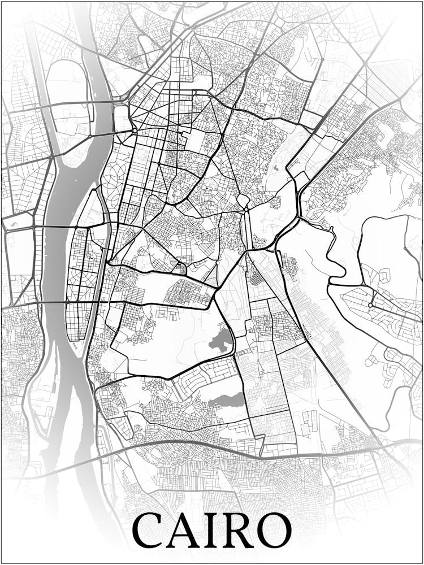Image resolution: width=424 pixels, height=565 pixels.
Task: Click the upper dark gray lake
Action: [221, 341]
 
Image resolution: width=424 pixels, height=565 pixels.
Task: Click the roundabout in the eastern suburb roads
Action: [370, 305]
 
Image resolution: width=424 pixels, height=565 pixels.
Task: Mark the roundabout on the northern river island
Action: [90, 136]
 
